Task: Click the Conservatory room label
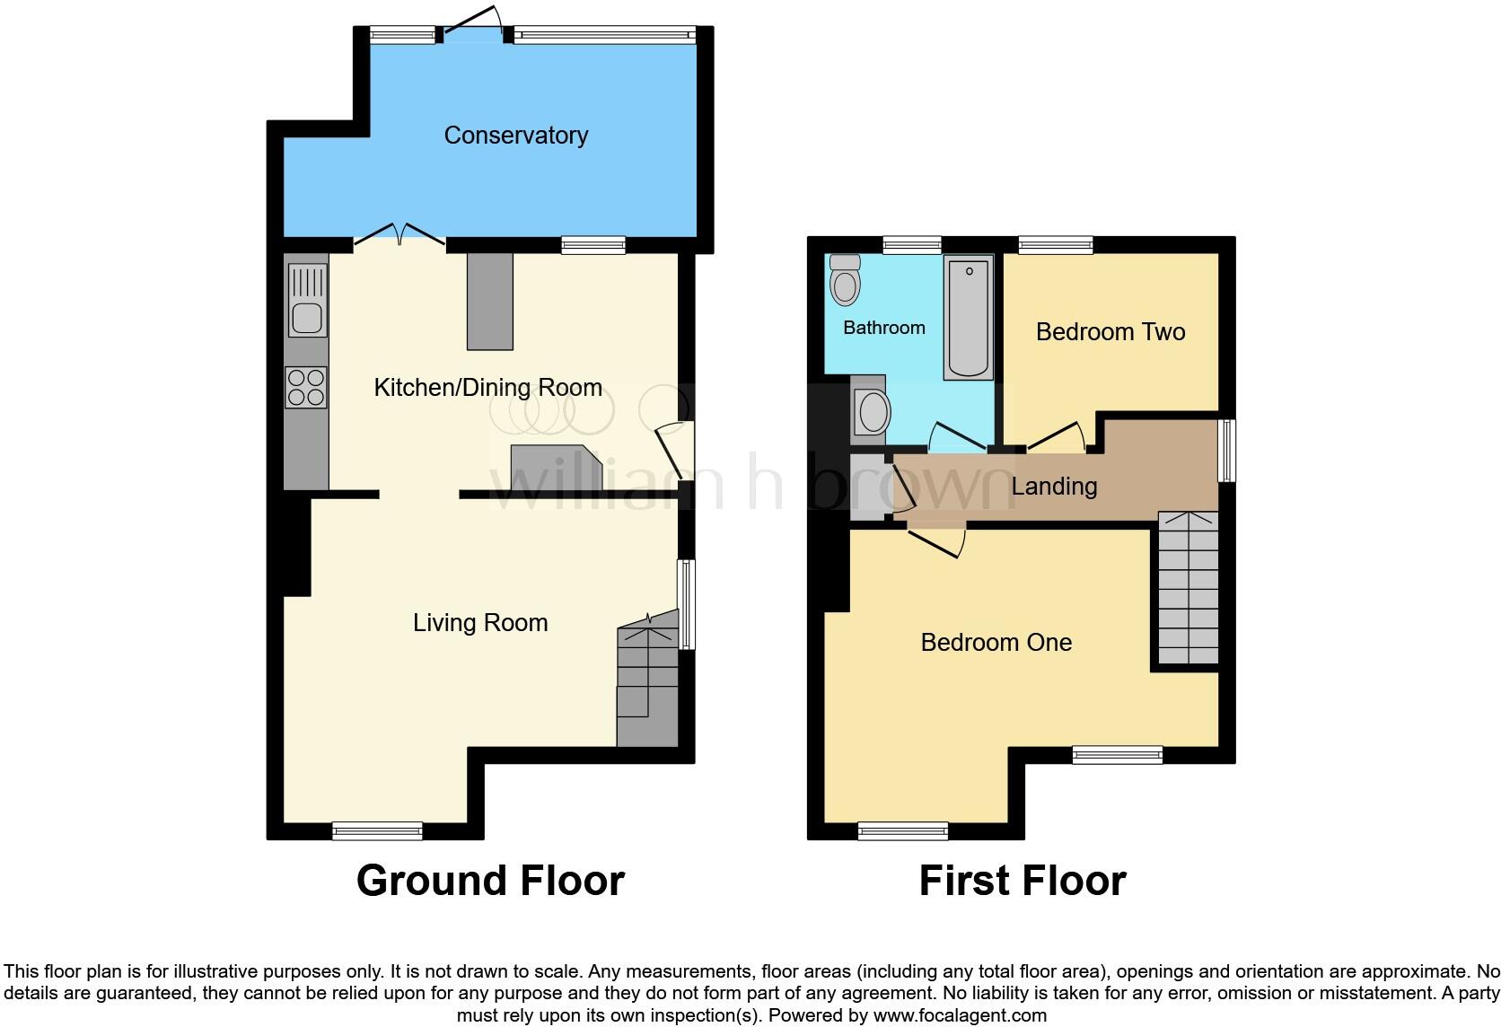pyautogui.click(x=515, y=136)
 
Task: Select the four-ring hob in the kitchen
pyautogui.click(x=305, y=387)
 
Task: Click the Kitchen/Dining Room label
pyautogui.click(x=487, y=388)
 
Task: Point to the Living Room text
pyautogui.click(x=480, y=623)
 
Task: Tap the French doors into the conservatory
pyautogui.click(x=399, y=234)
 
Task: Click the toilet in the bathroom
pyautogui.click(x=845, y=279)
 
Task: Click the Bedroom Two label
pyautogui.click(x=1110, y=332)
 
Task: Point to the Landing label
pyautogui.click(x=1054, y=487)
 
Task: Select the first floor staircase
pyautogui.click(x=1188, y=588)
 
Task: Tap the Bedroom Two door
pyautogui.click(x=1057, y=436)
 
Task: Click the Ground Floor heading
pyautogui.click(x=490, y=881)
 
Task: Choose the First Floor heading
pyautogui.click(x=1022, y=881)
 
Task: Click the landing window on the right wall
pyautogui.click(x=1226, y=451)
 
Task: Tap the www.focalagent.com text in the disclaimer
pyautogui.click(x=960, y=1016)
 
